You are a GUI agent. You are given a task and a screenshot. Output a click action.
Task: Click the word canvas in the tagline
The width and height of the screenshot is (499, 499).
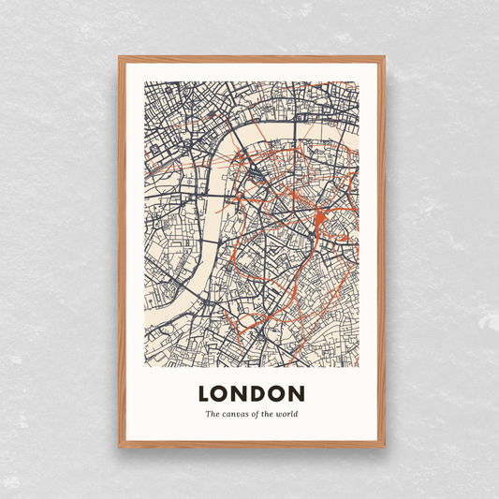239,414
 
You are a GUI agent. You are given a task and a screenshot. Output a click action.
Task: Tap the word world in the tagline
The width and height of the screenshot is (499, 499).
286,414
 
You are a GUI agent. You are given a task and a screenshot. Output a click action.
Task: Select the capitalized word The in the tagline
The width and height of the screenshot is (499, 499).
213,414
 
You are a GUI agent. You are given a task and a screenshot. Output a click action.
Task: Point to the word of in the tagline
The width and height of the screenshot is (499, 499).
258,414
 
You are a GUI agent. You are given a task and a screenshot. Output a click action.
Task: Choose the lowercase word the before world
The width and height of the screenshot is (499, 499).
271,414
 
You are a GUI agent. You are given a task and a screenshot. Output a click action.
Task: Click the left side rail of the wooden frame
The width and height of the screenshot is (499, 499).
122,253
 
